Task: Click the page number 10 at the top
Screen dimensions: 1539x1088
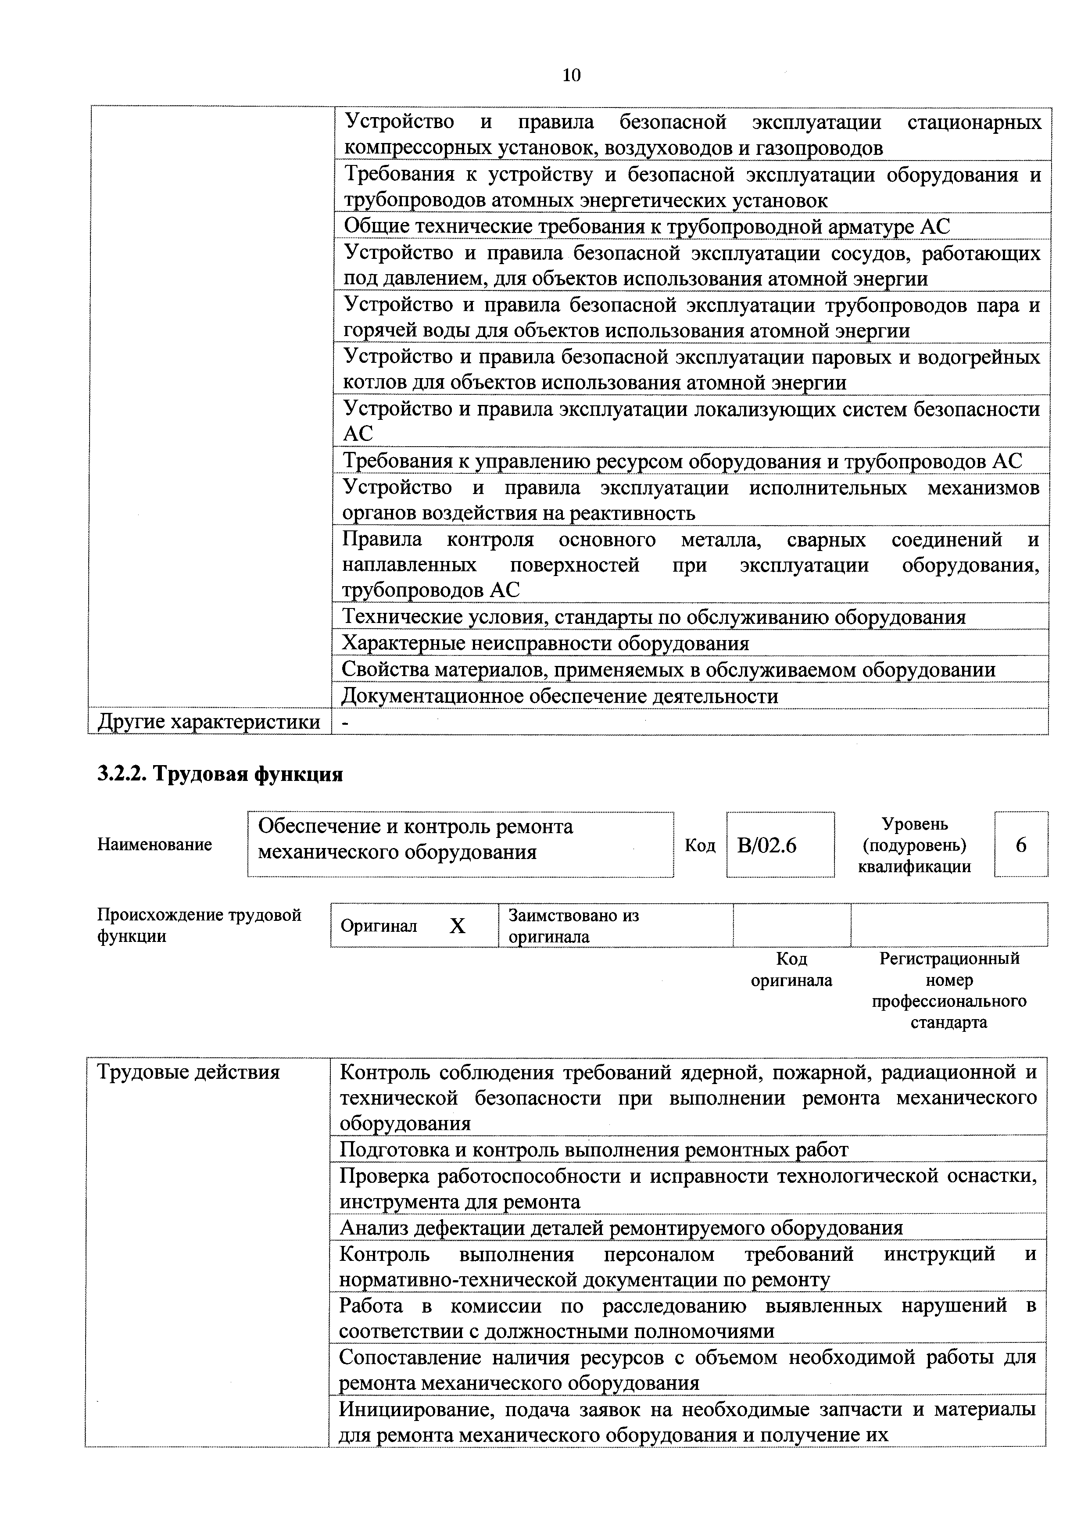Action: tap(571, 75)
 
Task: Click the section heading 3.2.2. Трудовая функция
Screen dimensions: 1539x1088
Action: tap(220, 774)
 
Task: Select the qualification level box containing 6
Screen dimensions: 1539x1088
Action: tap(1020, 845)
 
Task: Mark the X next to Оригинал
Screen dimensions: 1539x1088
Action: tap(457, 926)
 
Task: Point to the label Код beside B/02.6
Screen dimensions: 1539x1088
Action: tap(699, 845)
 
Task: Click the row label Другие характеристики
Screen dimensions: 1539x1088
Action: tap(208, 722)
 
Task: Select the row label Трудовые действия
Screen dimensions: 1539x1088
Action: tap(188, 1073)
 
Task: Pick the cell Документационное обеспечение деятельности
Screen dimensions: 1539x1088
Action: tap(560, 696)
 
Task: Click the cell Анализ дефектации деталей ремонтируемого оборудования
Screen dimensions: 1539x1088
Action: tap(621, 1228)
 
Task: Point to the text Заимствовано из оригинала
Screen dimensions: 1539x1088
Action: tap(573, 926)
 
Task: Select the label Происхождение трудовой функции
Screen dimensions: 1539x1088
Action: tap(199, 926)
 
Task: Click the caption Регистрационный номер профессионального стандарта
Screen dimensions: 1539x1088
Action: tap(948, 990)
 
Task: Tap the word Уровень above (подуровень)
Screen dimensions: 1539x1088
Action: tap(914, 824)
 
